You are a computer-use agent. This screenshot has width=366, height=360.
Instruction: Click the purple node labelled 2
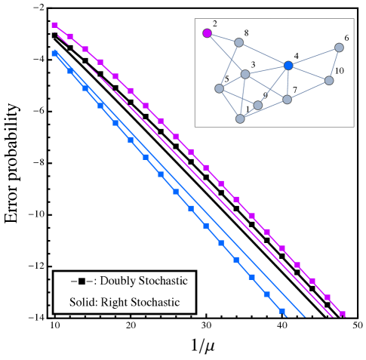[207, 33]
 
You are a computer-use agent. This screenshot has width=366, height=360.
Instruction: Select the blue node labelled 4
[288, 66]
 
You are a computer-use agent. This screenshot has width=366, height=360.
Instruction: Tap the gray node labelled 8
[238, 42]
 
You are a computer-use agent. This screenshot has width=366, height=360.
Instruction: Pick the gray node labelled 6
[339, 48]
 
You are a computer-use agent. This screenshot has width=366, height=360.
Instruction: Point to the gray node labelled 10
[329, 80]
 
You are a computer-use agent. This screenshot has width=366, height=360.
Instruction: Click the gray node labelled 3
[245, 74]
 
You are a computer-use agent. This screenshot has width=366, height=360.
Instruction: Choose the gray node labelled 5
[219, 88]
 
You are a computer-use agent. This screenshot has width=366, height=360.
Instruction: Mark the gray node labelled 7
[288, 100]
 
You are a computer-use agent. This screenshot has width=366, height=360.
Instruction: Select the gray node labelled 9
[258, 105]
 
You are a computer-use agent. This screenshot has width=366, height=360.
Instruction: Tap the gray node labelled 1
[240, 118]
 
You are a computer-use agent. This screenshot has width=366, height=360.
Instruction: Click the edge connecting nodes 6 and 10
[334, 63]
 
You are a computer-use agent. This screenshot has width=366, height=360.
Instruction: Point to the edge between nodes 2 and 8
[223, 38]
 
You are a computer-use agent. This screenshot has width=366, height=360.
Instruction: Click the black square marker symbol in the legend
[81, 282]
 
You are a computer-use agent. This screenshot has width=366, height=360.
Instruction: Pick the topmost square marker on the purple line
[55, 26]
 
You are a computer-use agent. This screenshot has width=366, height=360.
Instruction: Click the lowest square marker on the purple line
[342, 314]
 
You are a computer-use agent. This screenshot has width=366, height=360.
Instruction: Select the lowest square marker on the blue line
[281, 310]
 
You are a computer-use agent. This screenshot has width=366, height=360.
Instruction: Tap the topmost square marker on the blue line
[55, 54]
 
